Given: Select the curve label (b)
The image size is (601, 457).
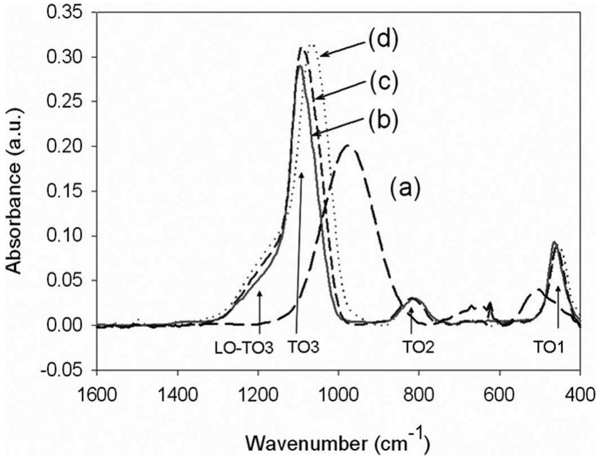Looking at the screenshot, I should pos(383,119).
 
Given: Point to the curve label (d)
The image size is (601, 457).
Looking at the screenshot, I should pos(383,42).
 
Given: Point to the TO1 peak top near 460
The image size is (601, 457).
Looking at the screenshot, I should pos(555,243).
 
